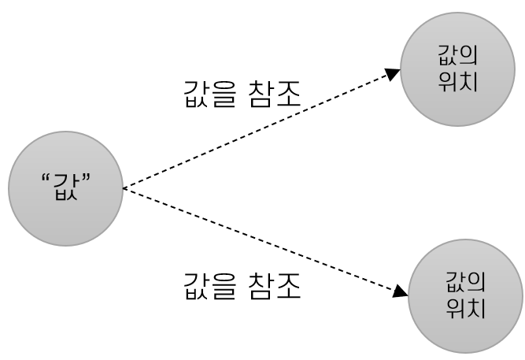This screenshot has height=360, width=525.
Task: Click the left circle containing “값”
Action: tap(65, 189)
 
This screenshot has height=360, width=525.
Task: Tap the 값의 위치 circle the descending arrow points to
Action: tap(465, 295)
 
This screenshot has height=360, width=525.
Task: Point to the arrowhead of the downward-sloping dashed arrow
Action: tap(401, 292)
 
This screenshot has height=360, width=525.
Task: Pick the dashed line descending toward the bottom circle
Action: tap(260, 240)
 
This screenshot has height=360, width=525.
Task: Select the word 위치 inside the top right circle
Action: tap(458, 80)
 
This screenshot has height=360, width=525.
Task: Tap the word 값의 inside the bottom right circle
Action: tap(465, 284)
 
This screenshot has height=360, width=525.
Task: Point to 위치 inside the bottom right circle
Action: tap(465, 306)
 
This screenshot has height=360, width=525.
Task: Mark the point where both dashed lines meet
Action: tap(124, 189)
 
